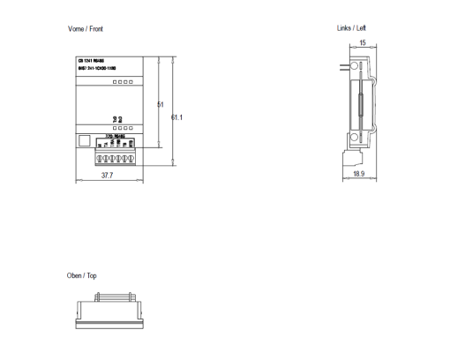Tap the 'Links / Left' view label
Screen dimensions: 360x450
coord(351,28)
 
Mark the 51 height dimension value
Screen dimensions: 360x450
coord(160,105)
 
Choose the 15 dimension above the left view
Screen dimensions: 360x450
coord(362,41)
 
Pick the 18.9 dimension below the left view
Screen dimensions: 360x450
coord(358,176)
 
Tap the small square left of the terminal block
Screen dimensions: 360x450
coord(85,139)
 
